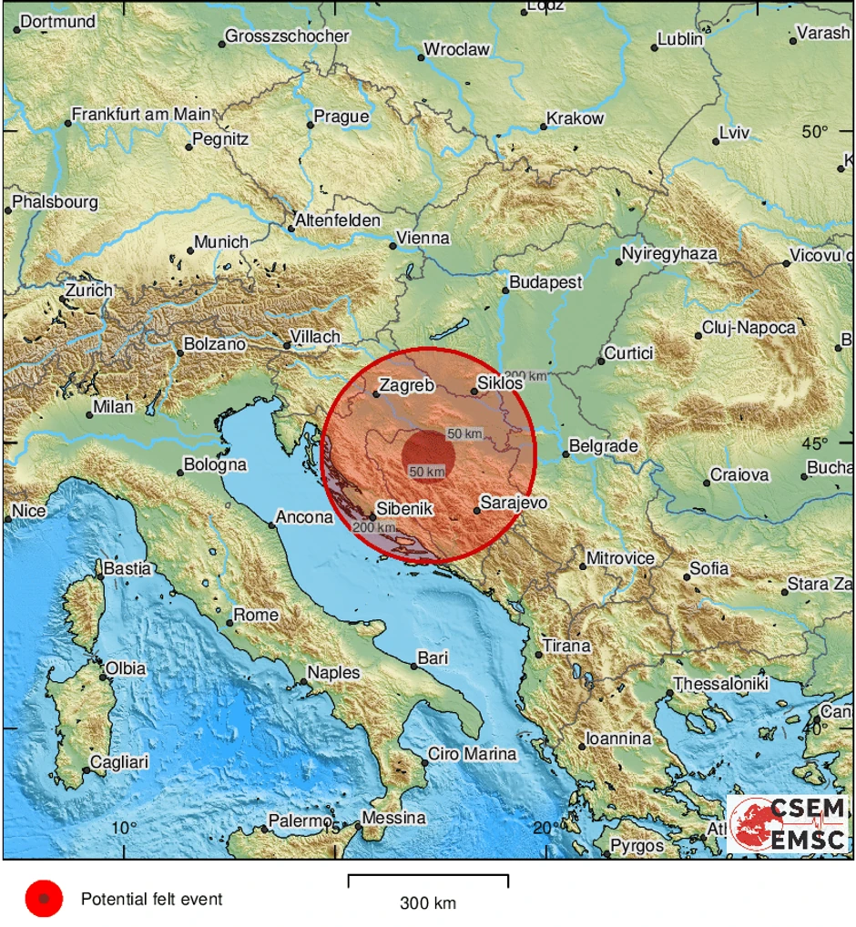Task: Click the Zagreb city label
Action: (x=406, y=385)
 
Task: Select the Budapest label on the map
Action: (x=545, y=282)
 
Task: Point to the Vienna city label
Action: (x=423, y=238)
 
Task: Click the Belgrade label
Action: (x=602, y=446)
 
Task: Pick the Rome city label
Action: (x=256, y=615)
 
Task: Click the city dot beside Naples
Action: (x=303, y=680)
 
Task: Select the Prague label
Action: (x=341, y=117)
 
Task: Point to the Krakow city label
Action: (x=575, y=118)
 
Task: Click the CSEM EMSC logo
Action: (x=789, y=824)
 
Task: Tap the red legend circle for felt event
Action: (x=43, y=900)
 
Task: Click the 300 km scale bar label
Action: (x=427, y=903)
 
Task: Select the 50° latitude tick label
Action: (x=815, y=131)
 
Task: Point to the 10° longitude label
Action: (x=124, y=827)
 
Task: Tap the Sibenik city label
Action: (x=406, y=510)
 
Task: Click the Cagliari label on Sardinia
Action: (x=119, y=762)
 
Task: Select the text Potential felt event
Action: (x=151, y=900)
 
